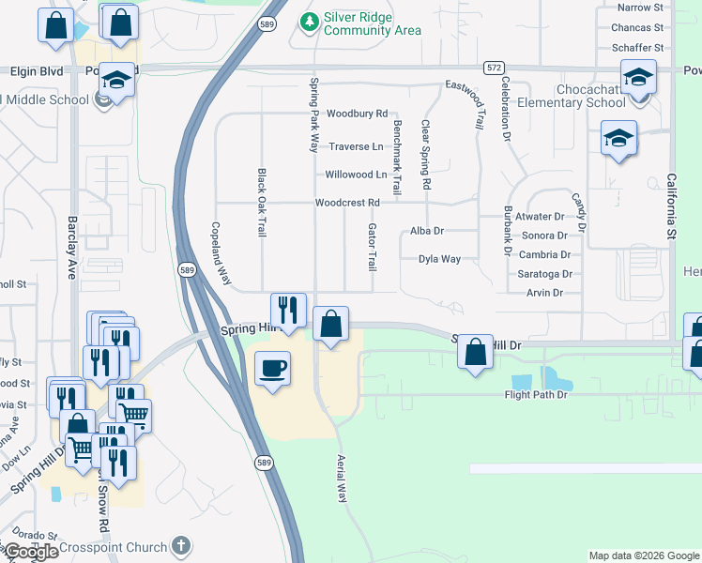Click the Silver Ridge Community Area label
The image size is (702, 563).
click(x=372, y=23)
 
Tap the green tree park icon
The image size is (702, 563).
click(x=308, y=20)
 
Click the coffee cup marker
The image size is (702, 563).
click(x=272, y=367)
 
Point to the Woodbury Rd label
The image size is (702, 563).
click(x=357, y=114)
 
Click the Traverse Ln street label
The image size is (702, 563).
click(x=357, y=146)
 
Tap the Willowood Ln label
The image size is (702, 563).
click(x=356, y=175)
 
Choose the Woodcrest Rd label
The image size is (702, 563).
click(x=347, y=203)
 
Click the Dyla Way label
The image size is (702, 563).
click(x=439, y=259)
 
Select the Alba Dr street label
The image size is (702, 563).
click(x=427, y=231)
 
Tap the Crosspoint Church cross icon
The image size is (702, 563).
click(x=182, y=546)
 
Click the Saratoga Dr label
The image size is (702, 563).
click(x=544, y=274)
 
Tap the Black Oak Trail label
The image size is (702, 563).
click(x=262, y=202)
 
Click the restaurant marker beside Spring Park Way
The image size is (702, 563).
click(x=288, y=310)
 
